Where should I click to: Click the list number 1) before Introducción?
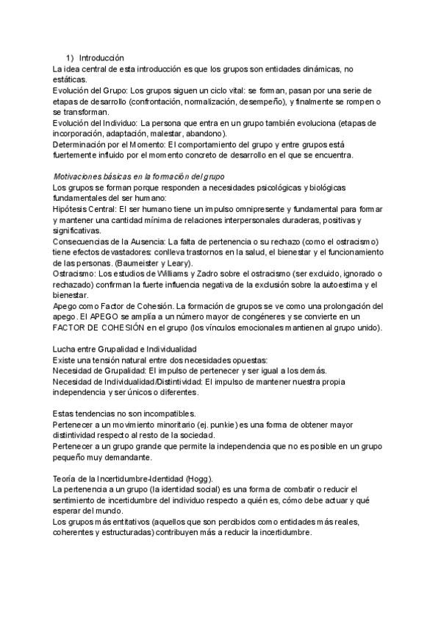(x=69, y=58)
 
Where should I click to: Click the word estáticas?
(x=70, y=79)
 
